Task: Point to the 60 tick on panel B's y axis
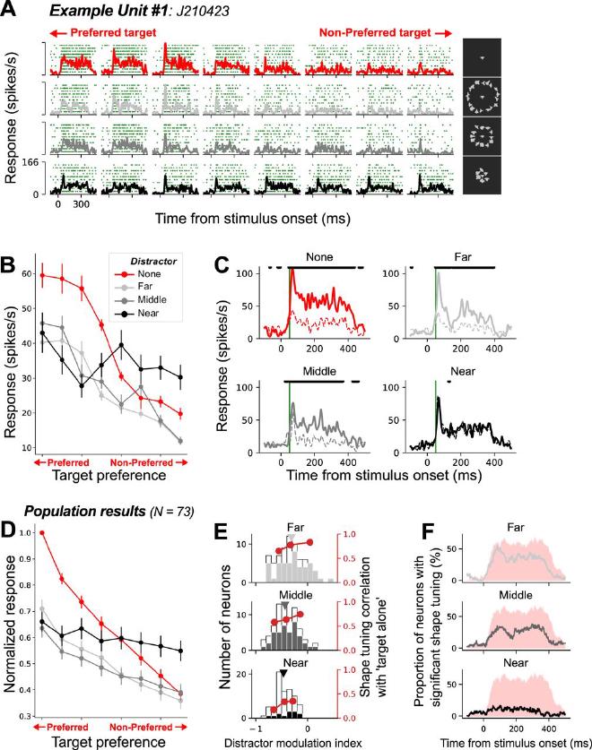(35, 274)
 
